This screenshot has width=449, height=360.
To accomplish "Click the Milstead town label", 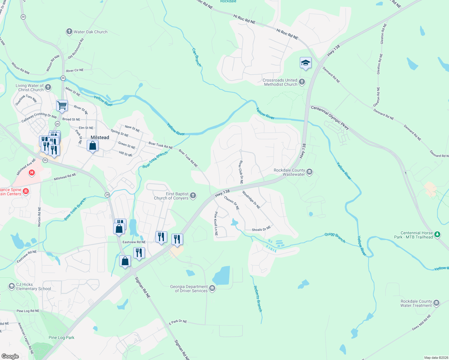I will [x=100, y=137].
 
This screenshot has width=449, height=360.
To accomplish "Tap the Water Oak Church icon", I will [x=69, y=31].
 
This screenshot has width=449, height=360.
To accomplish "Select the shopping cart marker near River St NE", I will [x=62, y=105].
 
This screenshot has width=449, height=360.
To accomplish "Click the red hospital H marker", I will [x=32, y=172].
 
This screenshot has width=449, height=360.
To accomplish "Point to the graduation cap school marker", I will [x=305, y=63].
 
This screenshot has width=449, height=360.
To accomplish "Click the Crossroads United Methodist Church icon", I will [x=302, y=82].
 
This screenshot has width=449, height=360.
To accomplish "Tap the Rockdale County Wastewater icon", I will [x=309, y=172].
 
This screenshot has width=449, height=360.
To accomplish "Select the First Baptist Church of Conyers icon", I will [x=193, y=196].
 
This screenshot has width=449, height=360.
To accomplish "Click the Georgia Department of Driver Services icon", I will [x=212, y=288].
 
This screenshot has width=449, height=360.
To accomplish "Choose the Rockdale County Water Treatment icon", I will [x=436, y=303].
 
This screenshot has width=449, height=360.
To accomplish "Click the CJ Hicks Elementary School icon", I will [x=11, y=286].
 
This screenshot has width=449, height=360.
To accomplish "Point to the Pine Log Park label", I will [x=62, y=337].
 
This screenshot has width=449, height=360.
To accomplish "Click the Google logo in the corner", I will [x=10, y=356].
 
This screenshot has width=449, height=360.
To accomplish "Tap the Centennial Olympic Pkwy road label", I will [x=330, y=117].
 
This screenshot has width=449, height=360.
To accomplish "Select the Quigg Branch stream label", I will [x=335, y=238].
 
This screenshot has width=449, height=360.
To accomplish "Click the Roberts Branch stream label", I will [x=258, y=298].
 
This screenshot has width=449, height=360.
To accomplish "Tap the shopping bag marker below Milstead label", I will [x=93, y=146].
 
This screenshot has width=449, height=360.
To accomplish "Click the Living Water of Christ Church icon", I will [x=48, y=87].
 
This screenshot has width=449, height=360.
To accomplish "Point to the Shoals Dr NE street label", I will [x=261, y=229].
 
